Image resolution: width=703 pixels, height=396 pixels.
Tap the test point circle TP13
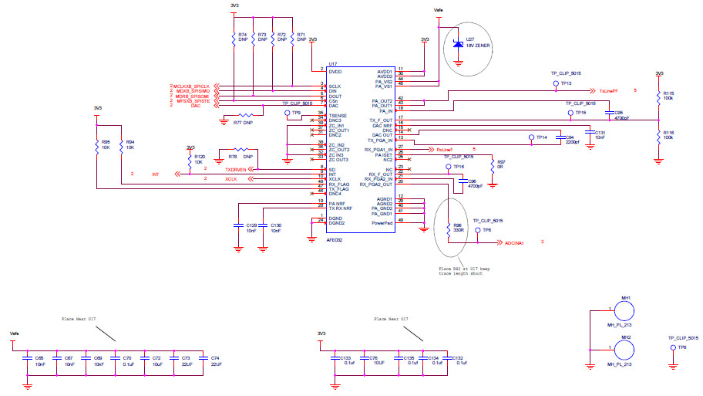tap(556, 83)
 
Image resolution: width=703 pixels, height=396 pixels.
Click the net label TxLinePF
tap(608, 90)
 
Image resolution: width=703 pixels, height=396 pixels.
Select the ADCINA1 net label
tap(514, 242)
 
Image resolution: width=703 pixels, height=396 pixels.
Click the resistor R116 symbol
tap(658, 135)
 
